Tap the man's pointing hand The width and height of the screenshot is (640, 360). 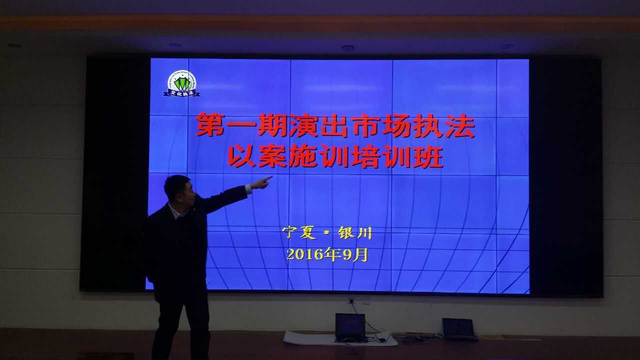[262, 182]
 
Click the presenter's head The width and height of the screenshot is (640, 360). [179, 190]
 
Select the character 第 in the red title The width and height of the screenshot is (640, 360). [210, 125]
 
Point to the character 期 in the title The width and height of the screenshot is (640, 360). [271, 125]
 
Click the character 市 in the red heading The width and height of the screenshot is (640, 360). [365, 125]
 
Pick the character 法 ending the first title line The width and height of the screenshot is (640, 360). [459, 125]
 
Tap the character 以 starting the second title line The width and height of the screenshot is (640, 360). [241, 156]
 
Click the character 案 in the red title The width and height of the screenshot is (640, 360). [272, 156]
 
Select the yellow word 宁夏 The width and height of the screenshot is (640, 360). [299, 232]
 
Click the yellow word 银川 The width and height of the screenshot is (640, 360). [355, 232]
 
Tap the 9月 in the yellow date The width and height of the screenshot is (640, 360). [355, 254]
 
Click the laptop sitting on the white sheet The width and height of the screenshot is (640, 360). [350, 326]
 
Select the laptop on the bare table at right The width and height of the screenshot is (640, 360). [459, 328]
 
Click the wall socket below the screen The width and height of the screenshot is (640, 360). [351, 301]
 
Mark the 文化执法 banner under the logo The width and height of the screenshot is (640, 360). [182, 93]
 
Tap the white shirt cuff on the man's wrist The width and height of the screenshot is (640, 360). [248, 189]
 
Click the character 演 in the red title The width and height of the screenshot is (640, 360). [303, 125]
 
